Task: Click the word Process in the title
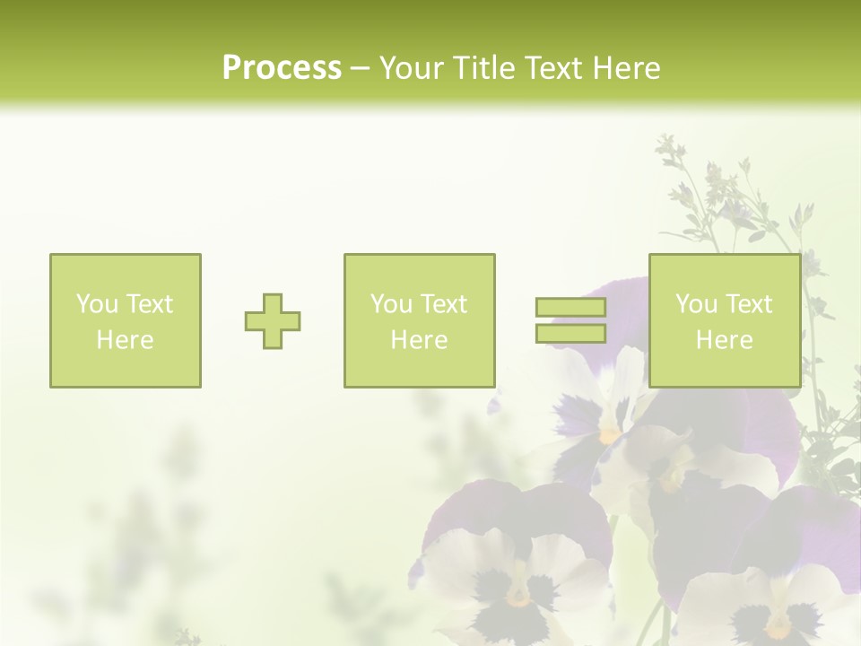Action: click(x=282, y=68)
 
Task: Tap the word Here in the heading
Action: click(x=627, y=68)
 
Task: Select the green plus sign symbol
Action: click(x=273, y=321)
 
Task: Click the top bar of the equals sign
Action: click(x=570, y=308)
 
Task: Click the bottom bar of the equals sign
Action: click(x=570, y=334)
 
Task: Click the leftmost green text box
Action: click(x=126, y=321)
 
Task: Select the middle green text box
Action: click(x=420, y=321)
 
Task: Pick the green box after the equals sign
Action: click(x=725, y=321)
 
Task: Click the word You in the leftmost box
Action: click(x=96, y=304)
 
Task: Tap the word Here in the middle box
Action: click(x=420, y=340)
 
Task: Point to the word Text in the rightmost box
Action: click(x=749, y=304)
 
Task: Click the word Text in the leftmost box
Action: click(x=149, y=304)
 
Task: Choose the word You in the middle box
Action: click(x=391, y=304)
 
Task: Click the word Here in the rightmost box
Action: click(x=725, y=340)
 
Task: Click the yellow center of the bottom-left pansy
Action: click(x=518, y=594)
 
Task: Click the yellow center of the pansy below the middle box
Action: click(x=611, y=434)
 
